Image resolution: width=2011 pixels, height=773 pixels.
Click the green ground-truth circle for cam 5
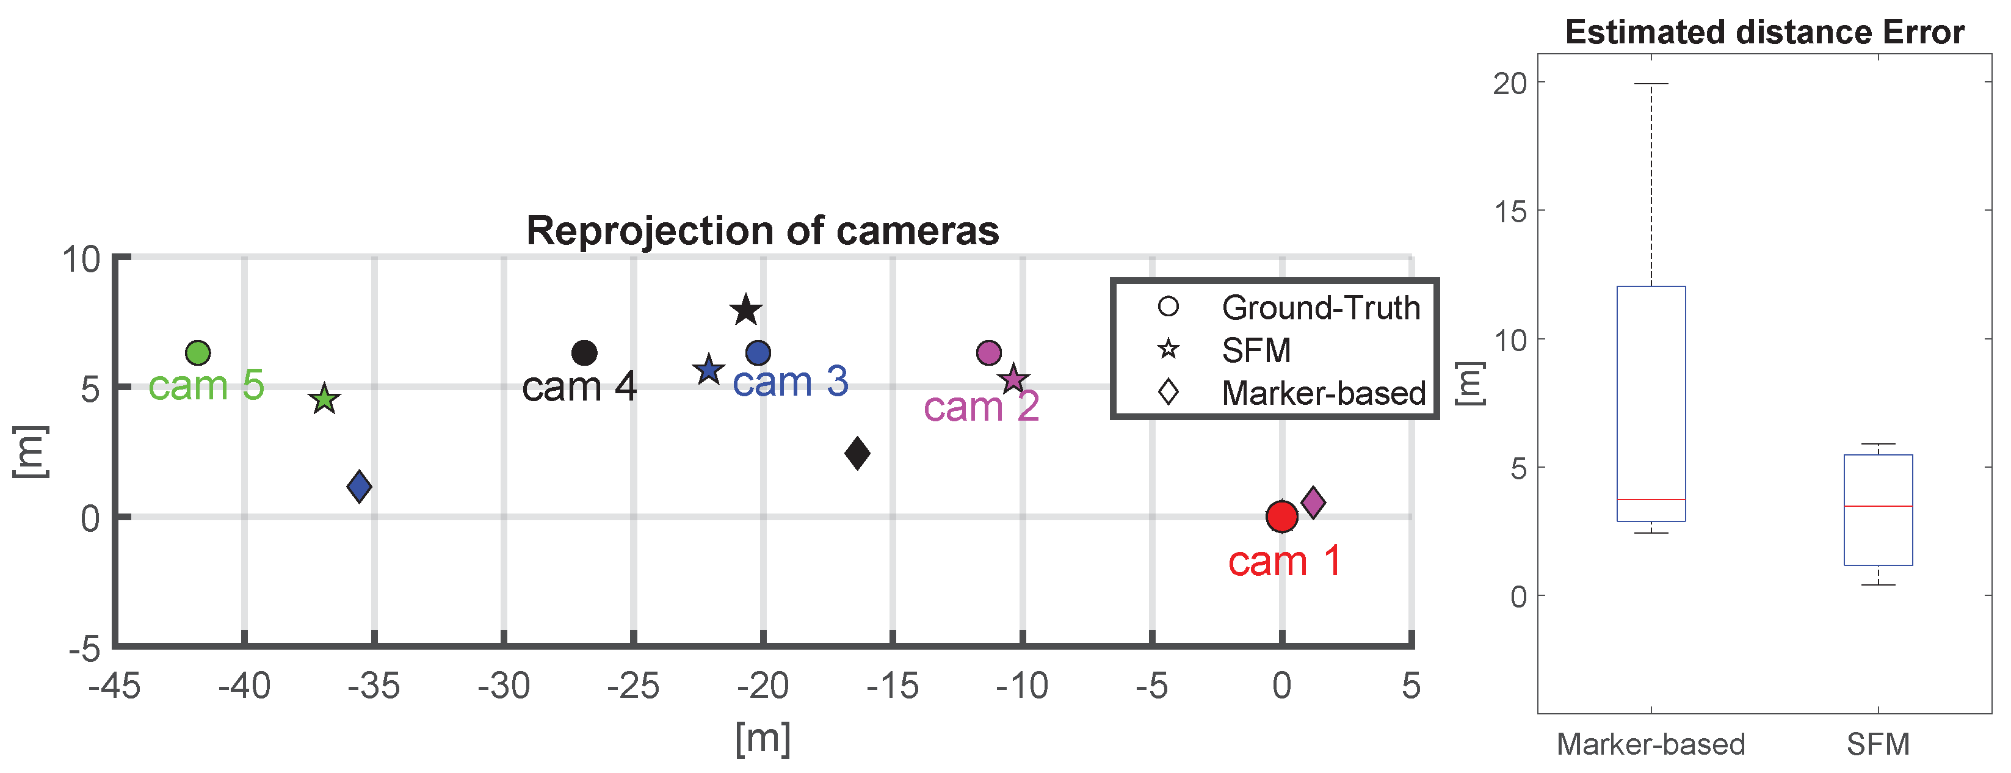(x=198, y=353)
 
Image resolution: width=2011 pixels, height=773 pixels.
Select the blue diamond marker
(x=359, y=487)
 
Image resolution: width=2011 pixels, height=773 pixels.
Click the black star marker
(x=745, y=311)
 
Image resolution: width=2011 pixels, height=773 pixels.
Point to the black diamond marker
(x=857, y=454)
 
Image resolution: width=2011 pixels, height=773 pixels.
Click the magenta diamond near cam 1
(x=1313, y=502)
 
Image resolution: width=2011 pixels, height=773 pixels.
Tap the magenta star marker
(x=1013, y=379)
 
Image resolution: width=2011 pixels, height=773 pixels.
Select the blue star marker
(x=709, y=370)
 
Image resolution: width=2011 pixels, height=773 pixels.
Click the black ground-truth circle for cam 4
(x=584, y=353)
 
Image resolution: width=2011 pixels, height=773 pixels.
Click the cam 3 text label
(x=790, y=382)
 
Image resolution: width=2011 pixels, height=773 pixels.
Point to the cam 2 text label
(x=980, y=407)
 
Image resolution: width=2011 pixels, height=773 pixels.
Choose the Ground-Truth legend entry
(x=1320, y=308)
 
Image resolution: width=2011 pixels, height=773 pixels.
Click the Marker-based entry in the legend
(x=1323, y=393)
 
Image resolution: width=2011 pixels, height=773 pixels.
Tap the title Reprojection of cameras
(x=762, y=231)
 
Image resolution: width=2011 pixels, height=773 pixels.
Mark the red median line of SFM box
(x=1877, y=506)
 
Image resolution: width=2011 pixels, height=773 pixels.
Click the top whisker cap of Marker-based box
(x=1651, y=84)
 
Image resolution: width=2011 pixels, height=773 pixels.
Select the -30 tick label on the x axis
(x=504, y=686)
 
